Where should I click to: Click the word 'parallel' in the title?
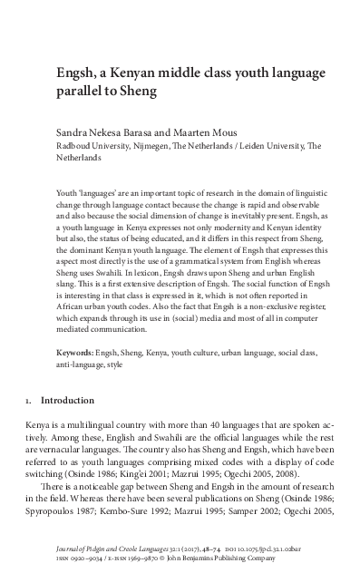(79, 91)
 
